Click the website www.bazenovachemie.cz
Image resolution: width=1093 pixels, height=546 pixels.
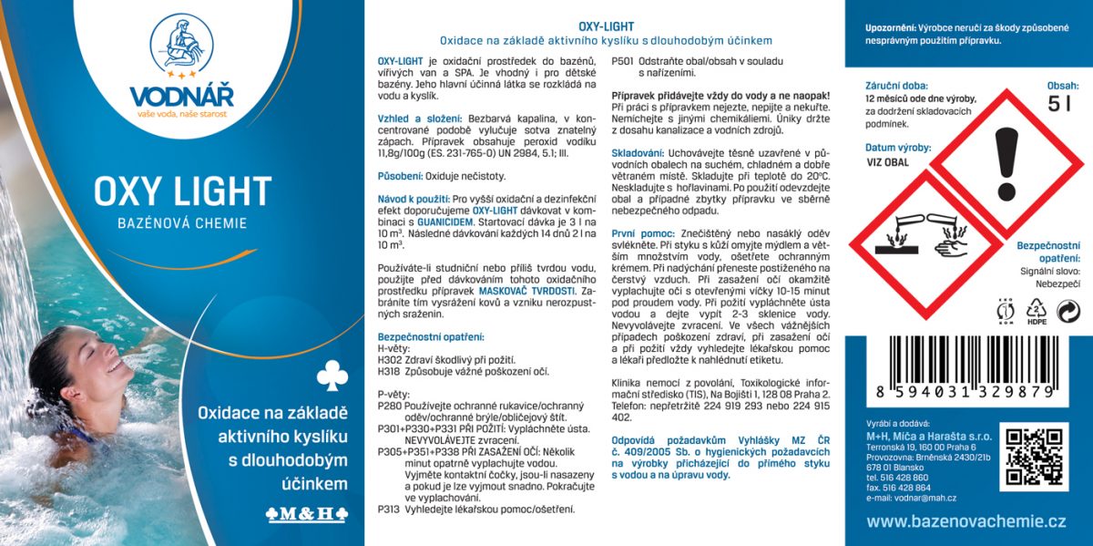966,521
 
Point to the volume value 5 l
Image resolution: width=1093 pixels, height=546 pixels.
1058,104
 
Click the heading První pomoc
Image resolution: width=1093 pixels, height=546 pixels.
642,233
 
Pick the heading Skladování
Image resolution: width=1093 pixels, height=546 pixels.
638,153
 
